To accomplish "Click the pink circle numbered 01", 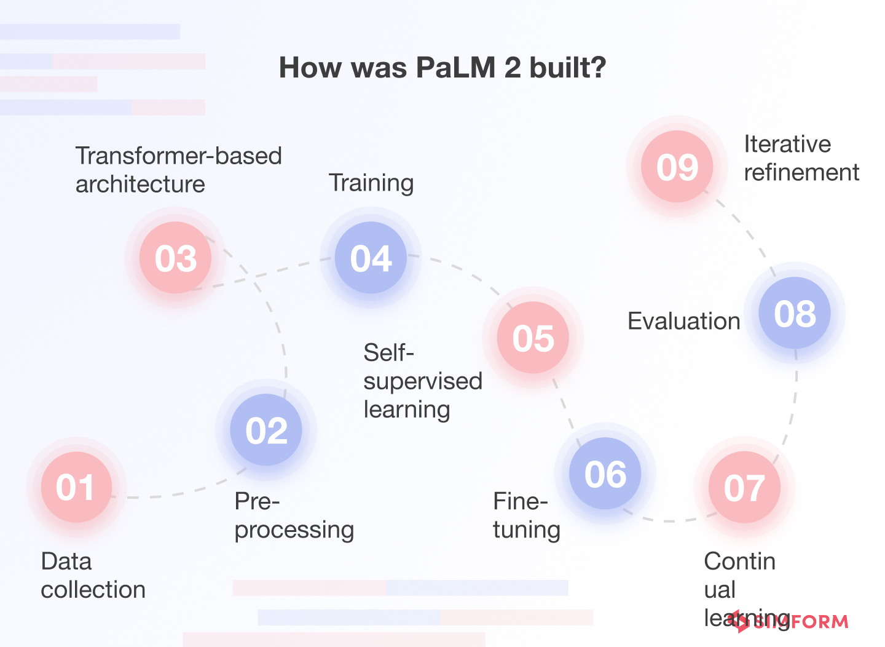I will [76, 487].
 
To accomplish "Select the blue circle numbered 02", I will [266, 430].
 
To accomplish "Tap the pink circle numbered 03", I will [176, 258].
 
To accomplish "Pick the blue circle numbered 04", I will [371, 258].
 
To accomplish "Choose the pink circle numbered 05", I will [533, 338].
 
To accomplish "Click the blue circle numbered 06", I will [605, 474].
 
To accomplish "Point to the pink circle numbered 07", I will [744, 487].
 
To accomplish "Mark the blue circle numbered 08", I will [795, 313].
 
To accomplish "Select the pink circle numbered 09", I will [677, 167].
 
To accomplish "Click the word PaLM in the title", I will [455, 68].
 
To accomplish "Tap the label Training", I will [371, 183].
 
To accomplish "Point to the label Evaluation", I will [683, 321].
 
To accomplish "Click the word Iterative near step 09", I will [787, 145].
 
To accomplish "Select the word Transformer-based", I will [178, 156].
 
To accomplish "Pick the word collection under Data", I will [93, 590].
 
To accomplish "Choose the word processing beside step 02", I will [294, 530].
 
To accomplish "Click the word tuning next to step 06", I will [527, 530].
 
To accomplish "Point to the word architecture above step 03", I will [140, 185].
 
